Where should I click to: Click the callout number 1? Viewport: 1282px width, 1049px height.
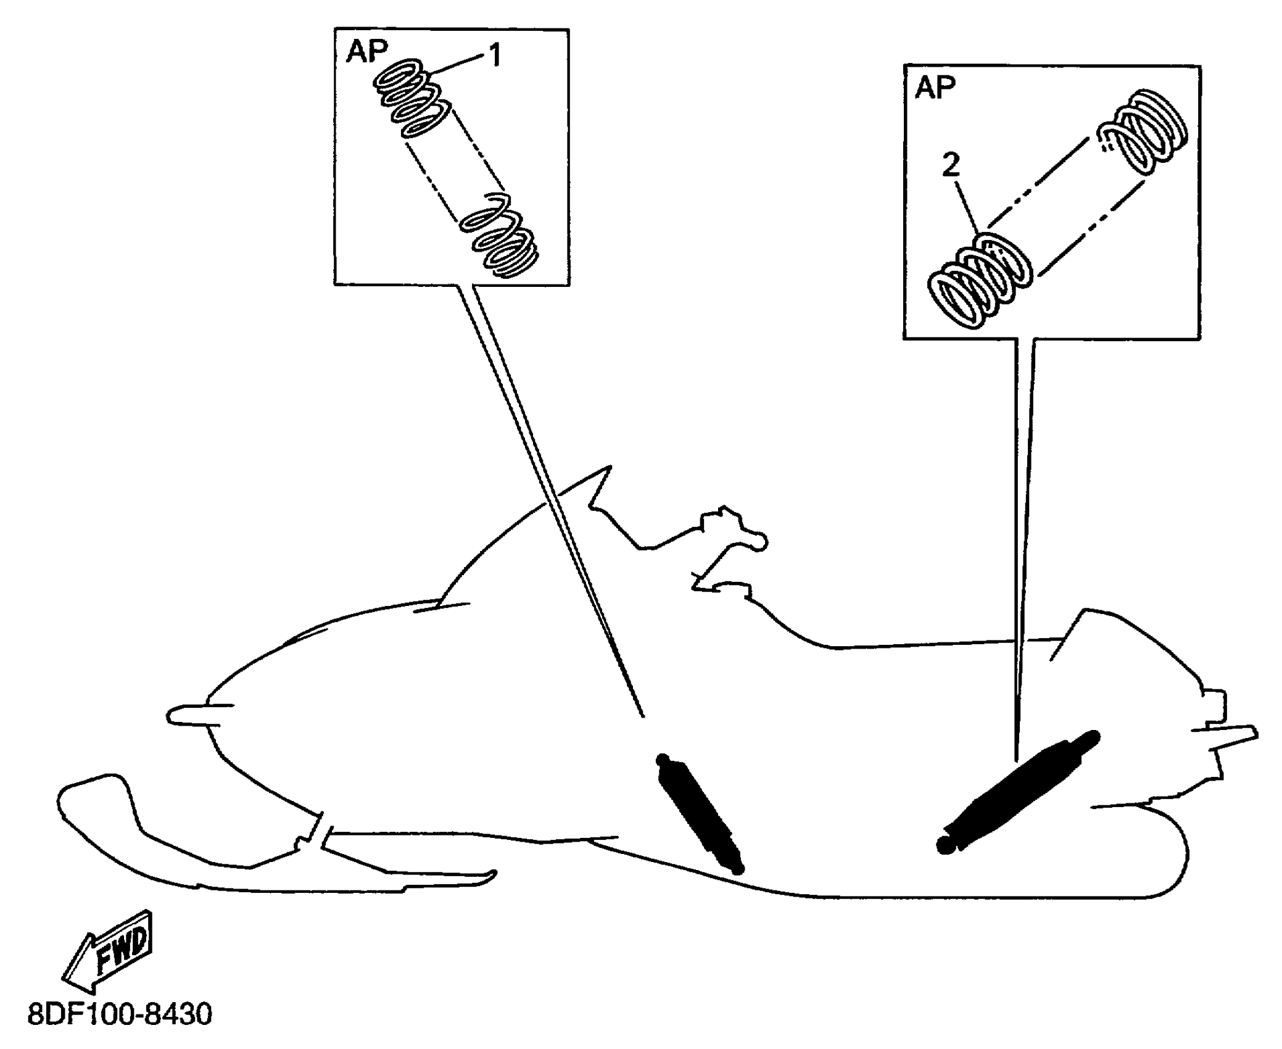pos(495,57)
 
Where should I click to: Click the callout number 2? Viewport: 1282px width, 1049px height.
pos(951,165)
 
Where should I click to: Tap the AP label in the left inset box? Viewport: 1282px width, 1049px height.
pos(366,52)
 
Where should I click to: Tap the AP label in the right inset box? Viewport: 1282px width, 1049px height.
pos(935,88)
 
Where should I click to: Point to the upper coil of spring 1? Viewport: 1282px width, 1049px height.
pos(410,99)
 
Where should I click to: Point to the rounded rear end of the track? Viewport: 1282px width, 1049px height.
pos(1172,864)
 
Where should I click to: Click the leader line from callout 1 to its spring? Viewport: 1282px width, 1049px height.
pos(459,65)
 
